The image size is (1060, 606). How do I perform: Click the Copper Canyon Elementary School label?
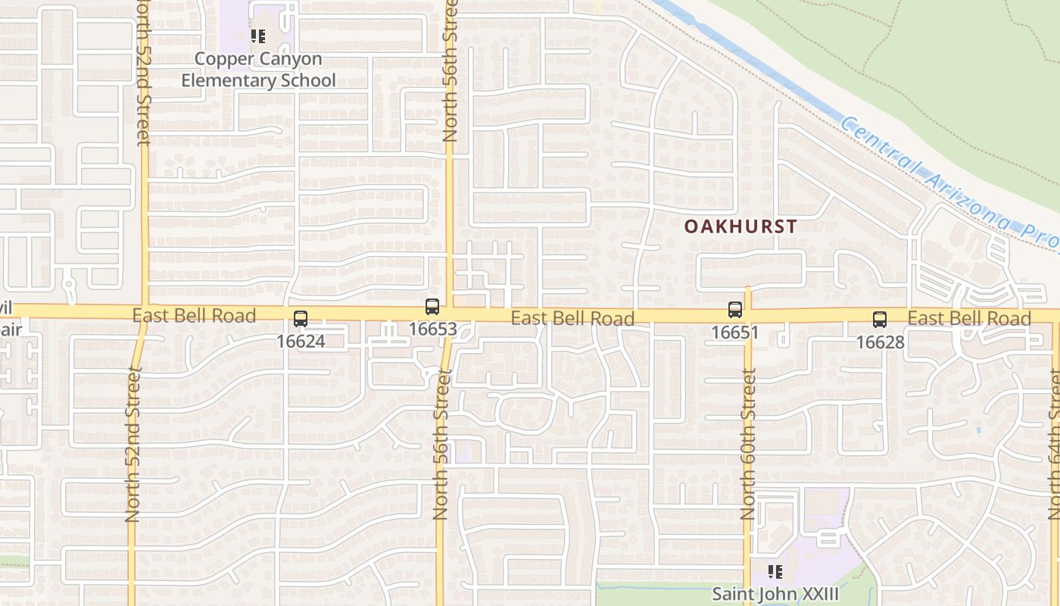coord(258,70)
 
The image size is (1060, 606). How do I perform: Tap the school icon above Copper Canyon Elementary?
coord(258,36)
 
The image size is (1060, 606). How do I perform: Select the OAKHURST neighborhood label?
coord(740,226)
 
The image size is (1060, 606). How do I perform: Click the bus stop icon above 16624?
coord(301,319)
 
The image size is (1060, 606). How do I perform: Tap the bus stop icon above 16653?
coord(432,307)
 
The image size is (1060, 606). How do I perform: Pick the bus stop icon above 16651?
coord(734,309)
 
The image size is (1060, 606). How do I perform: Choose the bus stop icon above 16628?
coord(880,320)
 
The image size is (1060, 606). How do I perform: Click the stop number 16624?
coord(301,342)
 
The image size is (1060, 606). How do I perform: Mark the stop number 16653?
coord(433,330)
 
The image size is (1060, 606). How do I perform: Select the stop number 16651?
coord(734,333)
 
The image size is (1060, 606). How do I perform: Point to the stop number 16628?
coord(880,342)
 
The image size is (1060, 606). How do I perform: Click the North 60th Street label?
coord(749,443)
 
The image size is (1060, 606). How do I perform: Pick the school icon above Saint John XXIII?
coord(775,570)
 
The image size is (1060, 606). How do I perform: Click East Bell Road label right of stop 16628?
coord(969,318)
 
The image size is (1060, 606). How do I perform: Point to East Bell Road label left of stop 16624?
coord(195,315)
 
